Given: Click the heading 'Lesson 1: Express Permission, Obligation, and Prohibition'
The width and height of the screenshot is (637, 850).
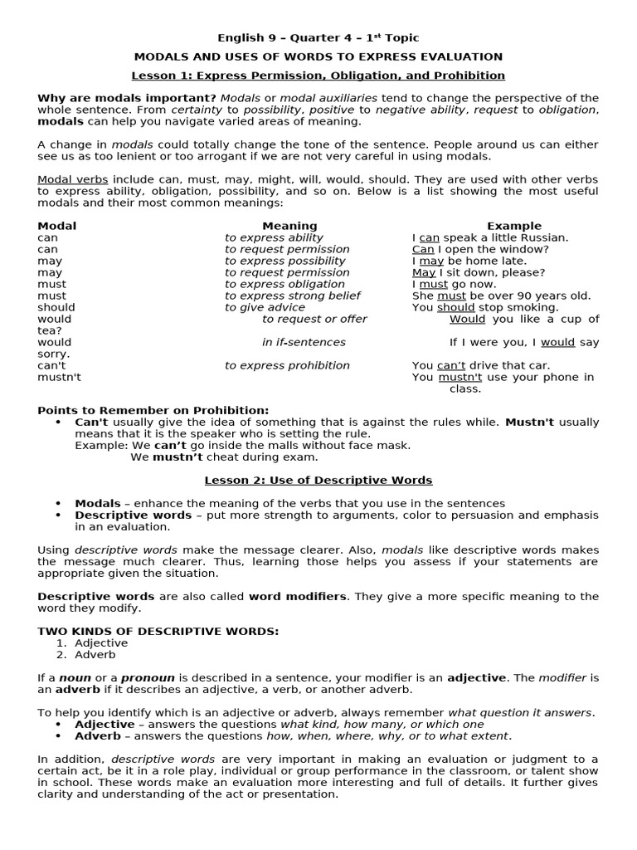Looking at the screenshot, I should coord(318,76).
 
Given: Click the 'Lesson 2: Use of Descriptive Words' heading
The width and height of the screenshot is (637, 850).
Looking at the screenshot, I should coord(318,480).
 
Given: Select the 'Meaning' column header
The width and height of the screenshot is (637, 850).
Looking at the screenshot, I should coord(289,226).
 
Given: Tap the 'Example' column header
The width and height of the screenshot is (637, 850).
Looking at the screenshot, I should coord(513,226).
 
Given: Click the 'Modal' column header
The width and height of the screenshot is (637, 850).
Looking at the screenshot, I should coord(57,226).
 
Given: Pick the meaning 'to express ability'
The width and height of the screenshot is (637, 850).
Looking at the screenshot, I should coord(274,237).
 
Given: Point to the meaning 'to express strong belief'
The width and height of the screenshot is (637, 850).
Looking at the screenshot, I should coord(292,296).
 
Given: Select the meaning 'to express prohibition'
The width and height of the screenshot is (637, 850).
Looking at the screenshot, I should coord(287,365).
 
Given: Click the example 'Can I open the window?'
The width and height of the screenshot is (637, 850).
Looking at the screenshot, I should coord(480,249).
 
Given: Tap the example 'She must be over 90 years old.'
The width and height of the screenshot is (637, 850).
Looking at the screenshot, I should coord(501,296).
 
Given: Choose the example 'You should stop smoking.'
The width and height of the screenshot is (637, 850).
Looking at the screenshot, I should coord(485,307).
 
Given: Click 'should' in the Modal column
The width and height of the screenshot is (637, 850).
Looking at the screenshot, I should coord(56,307).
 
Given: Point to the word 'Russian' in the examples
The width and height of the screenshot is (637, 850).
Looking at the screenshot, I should coord(546,237).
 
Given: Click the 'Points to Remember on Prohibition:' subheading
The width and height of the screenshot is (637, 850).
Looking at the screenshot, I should coord(153,410).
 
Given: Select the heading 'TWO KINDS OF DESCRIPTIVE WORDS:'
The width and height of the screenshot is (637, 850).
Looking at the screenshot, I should coord(158,631).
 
